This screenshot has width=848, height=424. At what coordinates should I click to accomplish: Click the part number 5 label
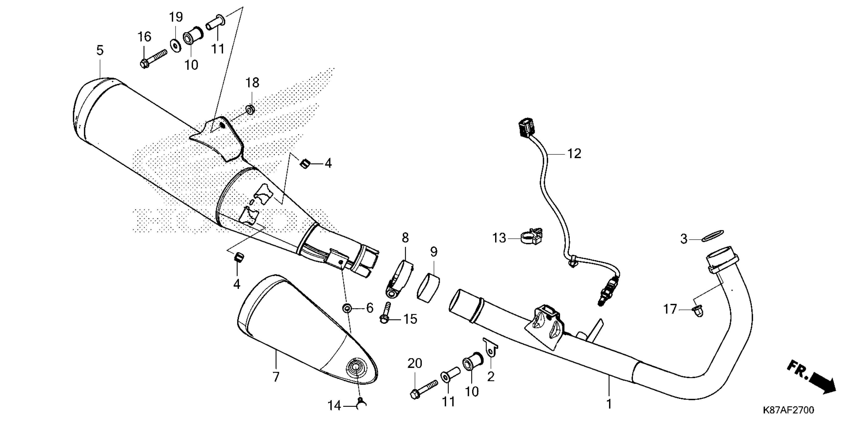pos(100,50)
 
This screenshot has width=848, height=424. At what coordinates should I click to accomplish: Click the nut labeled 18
pos(250,109)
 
